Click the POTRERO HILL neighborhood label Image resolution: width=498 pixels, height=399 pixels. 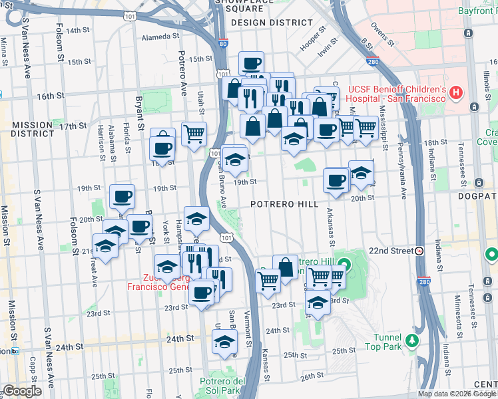click(284, 204)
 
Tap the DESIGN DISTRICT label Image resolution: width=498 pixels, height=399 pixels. click(271, 22)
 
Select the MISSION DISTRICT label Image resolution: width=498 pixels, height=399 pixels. click(31, 129)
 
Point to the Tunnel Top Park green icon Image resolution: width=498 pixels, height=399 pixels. click(412, 341)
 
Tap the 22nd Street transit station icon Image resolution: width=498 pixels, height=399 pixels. click(419, 251)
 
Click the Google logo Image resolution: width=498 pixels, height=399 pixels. click(21, 391)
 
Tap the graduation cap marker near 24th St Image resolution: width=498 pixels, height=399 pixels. click(224, 342)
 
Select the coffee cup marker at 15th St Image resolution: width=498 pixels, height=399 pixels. click(251, 64)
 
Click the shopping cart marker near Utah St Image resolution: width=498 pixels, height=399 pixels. click(194, 134)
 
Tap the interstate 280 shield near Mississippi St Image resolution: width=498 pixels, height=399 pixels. click(372, 62)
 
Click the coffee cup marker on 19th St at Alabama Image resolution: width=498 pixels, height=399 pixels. click(122, 196)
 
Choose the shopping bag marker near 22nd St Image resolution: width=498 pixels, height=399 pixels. click(285, 267)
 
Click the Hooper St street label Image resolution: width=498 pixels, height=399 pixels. click(312, 39)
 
